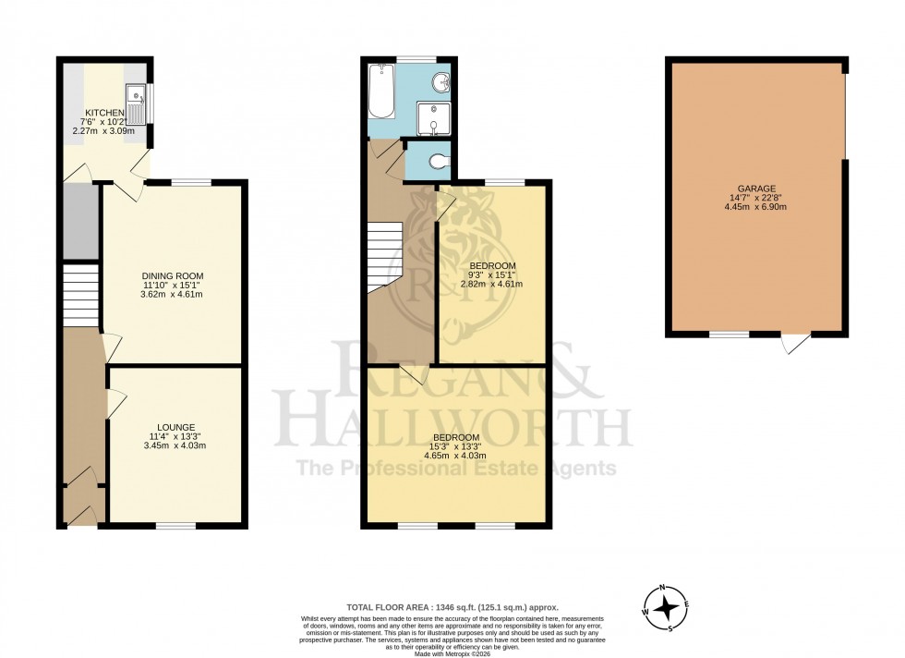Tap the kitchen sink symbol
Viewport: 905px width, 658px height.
click(136, 102)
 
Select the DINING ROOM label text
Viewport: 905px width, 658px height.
click(172, 275)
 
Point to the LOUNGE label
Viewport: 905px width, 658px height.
click(175, 427)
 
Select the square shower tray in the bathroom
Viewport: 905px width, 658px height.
click(431, 119)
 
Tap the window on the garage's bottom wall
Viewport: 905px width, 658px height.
click(729, 334)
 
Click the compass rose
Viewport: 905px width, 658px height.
click(665, 609)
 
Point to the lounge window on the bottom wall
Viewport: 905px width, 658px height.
click(175, 526)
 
